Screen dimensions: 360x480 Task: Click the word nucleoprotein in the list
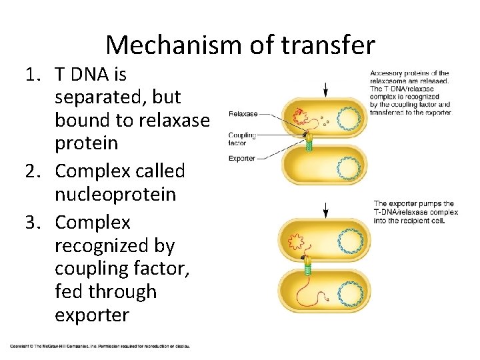115,195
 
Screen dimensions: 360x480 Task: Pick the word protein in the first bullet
86,143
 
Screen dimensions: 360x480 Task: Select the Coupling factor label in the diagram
241,139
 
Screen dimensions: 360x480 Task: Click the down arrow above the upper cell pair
326,89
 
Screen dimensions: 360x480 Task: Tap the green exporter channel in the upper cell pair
309,145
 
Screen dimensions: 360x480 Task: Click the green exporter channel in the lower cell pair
309,266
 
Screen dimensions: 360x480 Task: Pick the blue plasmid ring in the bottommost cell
349,293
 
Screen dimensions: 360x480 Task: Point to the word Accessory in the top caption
387,73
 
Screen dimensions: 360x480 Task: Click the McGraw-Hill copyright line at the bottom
100,346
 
